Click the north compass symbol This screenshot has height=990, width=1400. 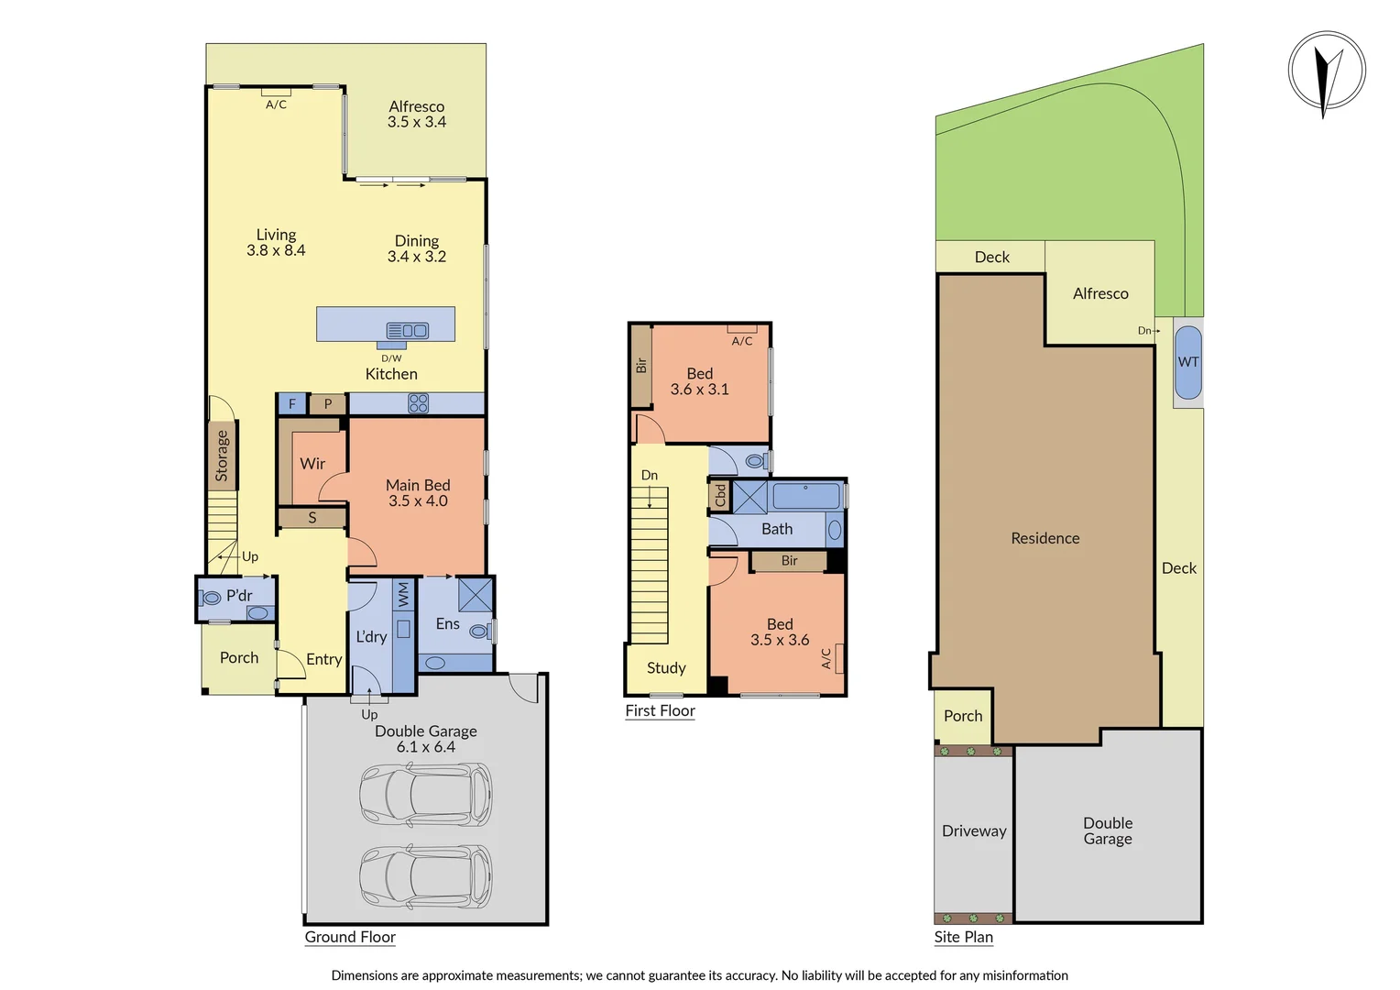[x=1327, y=71]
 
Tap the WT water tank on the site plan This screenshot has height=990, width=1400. [x=1188, y=362]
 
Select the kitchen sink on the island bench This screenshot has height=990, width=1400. [x=408, y=331]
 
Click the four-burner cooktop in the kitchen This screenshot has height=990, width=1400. [x=419, y=403]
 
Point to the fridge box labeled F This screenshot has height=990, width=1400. [x=291, y=404]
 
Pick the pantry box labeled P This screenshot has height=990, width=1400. [x=327, y=404]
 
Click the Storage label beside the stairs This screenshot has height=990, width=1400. [x=222, y=456]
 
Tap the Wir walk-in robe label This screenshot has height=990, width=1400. [x=312, y=464]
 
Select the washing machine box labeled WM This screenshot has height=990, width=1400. [x=403, y=596]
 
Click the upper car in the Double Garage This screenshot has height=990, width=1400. [x=425, y=795]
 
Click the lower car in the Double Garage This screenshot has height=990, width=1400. [x=425, y=876]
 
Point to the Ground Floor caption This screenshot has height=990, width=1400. [x=350, y=937]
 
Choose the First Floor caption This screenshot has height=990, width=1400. [x=660, y=710]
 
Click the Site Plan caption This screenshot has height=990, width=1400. [x=963, y=937]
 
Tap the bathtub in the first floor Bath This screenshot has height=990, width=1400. [x=805, y=497]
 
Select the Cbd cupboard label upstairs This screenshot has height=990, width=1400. [x=720, y=496]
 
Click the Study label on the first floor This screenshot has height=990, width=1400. [x=666, y=668]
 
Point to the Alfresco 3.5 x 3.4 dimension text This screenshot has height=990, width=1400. [x=417, y=122]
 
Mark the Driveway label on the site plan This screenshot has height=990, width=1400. [x=974, y=831]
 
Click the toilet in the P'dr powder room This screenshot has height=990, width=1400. [x=212, y=598]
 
